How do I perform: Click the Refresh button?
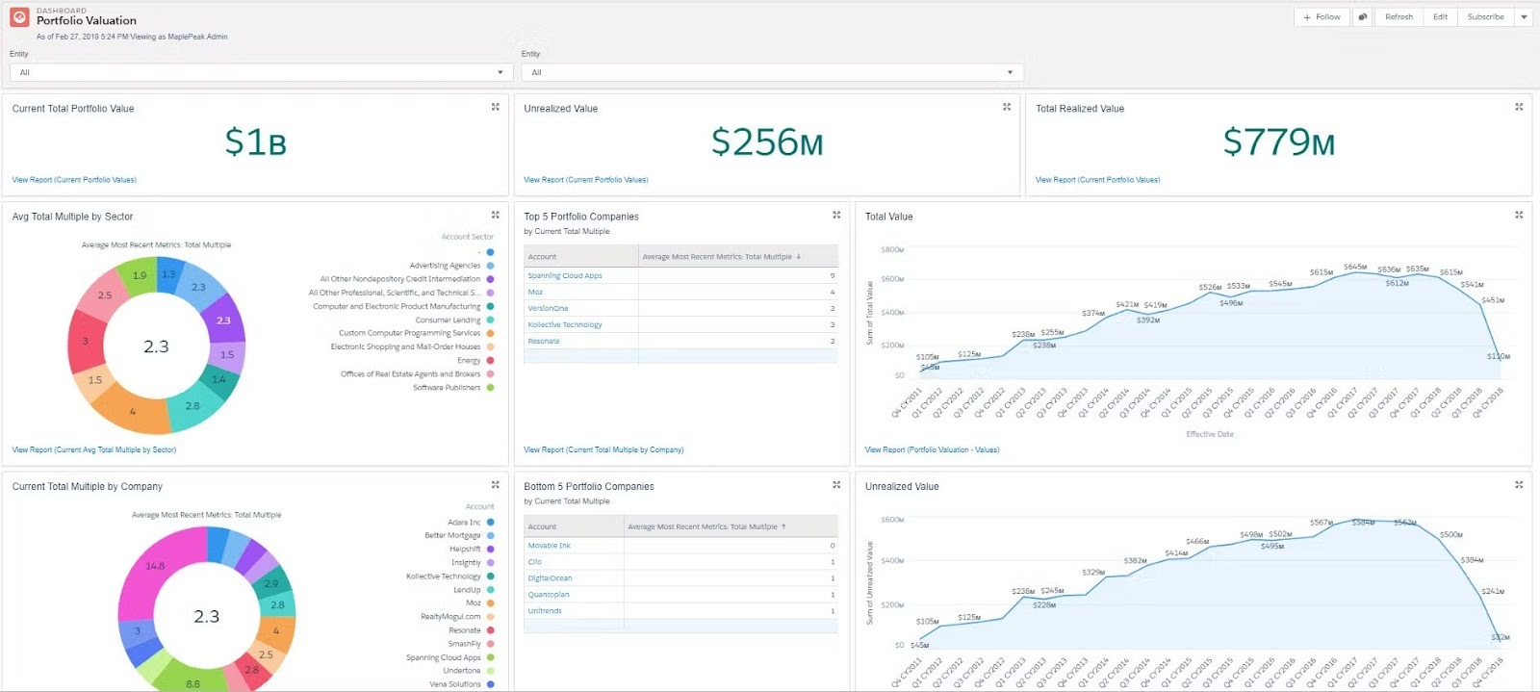[1399, 17]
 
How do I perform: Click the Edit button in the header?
[1440, 17]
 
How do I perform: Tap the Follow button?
[1322, 17]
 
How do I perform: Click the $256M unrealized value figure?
[767, 142]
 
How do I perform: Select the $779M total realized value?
[1278, 142]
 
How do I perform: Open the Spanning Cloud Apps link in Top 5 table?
[565, 276]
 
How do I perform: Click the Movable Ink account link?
[549, 546]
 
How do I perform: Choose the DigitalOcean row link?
[550, 578]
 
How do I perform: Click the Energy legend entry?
[469, 361]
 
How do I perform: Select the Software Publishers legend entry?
[447, 388]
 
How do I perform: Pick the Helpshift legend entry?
[465, 550]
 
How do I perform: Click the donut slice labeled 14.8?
[154, 567]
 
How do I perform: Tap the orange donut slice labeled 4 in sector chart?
[133, 411]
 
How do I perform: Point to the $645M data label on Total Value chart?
[1355, 267]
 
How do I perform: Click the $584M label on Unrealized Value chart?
[1363, 523]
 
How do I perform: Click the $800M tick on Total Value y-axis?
[892, 250]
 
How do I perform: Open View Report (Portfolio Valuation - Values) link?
[932, 449]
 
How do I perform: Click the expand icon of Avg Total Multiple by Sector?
[496, 216]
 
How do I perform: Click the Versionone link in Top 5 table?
[548, 309]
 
